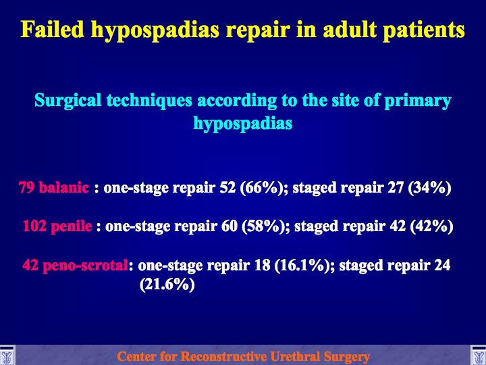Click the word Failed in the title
(x=53, y=30)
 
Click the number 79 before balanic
(x=26, y=187)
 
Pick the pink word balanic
(x=64, y=187)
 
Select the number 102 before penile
(x=34, y=226)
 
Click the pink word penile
(x=72, y=226)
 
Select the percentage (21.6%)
(x=167, y=285)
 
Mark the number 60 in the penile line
(x=230, y=226)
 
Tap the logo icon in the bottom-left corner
(x=7, y=355)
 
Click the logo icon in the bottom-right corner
(x=479, y=355)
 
